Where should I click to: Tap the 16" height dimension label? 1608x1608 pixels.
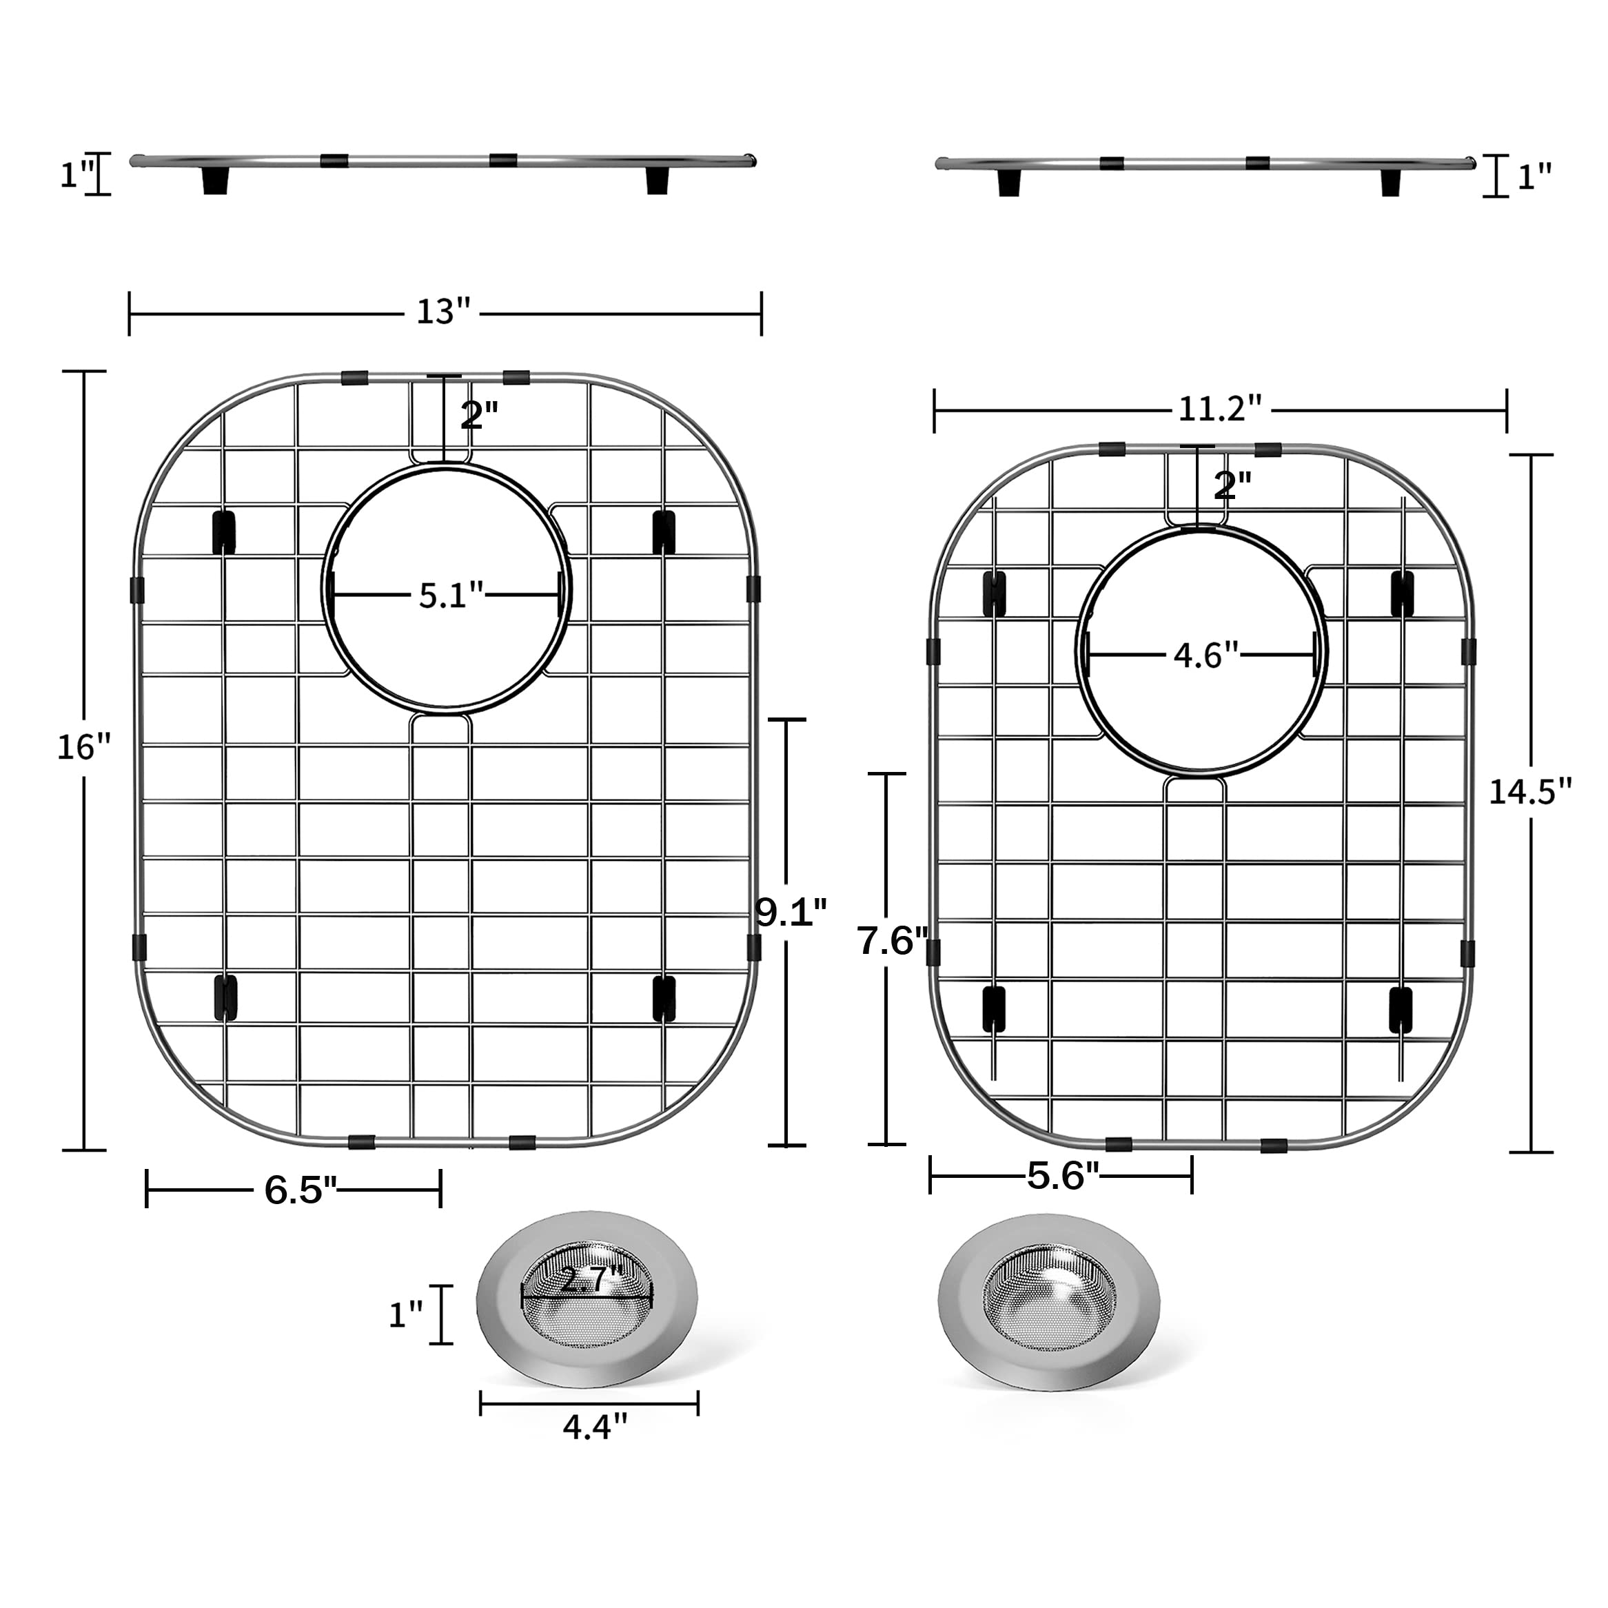click(83, 747)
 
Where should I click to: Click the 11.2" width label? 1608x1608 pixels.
click(1219, 409)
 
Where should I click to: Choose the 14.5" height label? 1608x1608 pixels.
click(1529, 791)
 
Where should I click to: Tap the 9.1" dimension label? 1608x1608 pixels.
click(791, 913)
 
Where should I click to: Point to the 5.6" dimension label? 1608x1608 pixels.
click(1063, 1176)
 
